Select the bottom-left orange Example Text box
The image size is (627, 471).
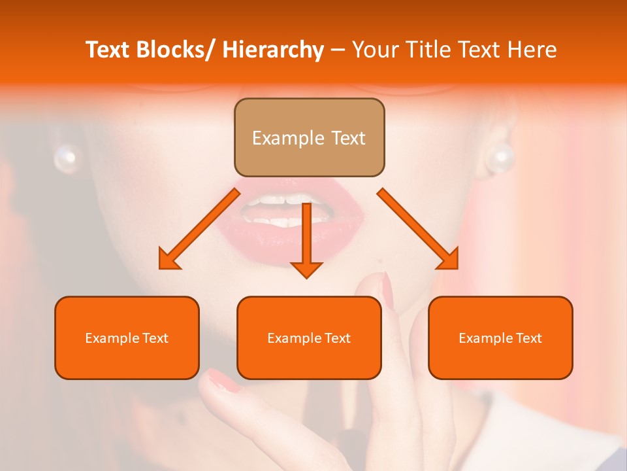click(127, 338)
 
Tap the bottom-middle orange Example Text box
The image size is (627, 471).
click(309, 338)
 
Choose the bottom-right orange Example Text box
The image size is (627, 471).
click(500, 338)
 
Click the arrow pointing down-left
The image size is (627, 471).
click(200, 229)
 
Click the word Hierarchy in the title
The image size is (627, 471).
click(273, 50)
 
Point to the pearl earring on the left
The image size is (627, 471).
click(65, 158)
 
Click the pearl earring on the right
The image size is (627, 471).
click(501, 158)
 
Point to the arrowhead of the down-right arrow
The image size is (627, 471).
click(449, 260)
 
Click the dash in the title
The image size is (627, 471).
click(338, 50)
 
